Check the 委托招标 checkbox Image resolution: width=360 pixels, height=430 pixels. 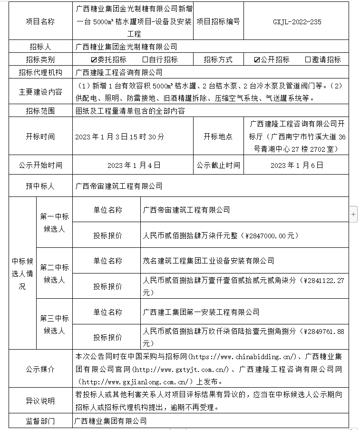(x=94, y=60)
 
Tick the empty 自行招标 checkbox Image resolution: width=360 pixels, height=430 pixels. (x=145, y=60)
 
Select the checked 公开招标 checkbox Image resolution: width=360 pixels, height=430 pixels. (x=257, y=60)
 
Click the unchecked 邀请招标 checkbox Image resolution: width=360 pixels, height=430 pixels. (x=308, y=60)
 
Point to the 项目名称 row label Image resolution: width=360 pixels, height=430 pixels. (x=40, y=21)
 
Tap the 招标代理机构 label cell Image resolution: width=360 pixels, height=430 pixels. (x=40, y=72)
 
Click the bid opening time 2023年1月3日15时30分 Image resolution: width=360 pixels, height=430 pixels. (x=120, y=137)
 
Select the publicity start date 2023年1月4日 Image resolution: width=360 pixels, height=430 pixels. (x=134, y=166)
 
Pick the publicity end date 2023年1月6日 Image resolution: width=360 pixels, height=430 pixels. (x=297, y=166)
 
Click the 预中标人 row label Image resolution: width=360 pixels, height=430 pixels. (x=40, y=186)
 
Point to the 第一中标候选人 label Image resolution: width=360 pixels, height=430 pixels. (x=54, y=223)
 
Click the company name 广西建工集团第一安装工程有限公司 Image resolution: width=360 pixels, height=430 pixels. (x=201, y=312)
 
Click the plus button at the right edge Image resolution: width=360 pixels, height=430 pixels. (x=353, y=215)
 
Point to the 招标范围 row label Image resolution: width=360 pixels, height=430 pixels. (x=40, y=111)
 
